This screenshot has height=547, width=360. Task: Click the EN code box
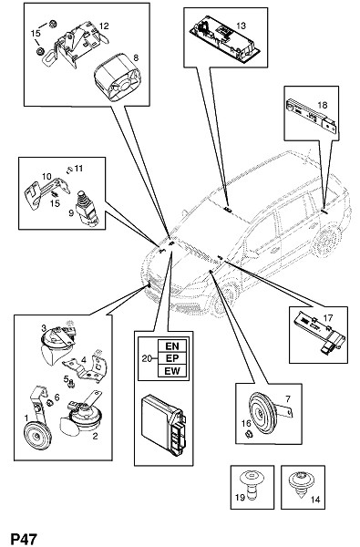coord(172,346)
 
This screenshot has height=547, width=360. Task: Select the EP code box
coord(172,358)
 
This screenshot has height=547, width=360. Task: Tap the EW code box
coord(172,370)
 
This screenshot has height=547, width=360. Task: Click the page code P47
coord(23,539)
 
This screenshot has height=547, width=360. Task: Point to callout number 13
coord(241,26)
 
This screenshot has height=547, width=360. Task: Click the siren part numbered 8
coord(118,77)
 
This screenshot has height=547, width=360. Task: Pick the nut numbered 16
coord(249,435)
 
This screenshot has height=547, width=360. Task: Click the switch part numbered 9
coord(87,208)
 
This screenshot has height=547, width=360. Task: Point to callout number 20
coord(147,358)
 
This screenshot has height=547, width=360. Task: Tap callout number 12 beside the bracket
coord(104,26)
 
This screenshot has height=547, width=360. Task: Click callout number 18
coord(323,105)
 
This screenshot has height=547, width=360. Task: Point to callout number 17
coord(328,318)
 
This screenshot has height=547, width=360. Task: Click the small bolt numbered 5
coord(72,383)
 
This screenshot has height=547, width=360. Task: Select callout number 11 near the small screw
coord(79,168)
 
